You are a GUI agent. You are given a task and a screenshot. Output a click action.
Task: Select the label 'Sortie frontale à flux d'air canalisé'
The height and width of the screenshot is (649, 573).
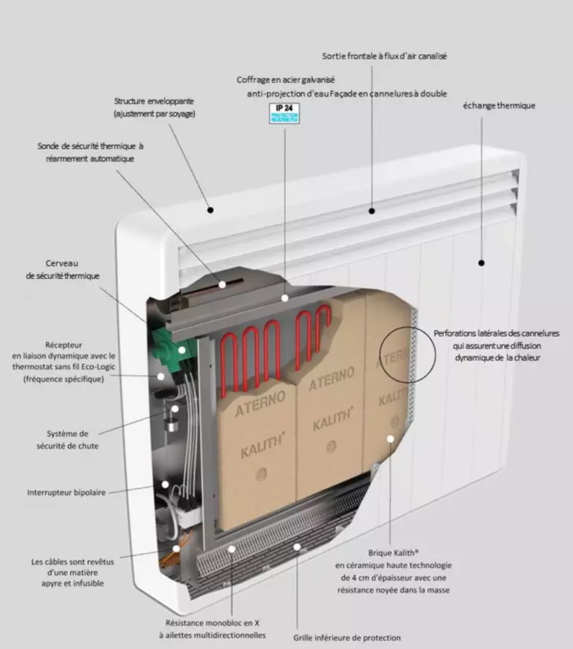(385, 56)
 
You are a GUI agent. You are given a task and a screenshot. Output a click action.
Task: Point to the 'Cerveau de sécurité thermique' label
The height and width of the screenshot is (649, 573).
(63, 270)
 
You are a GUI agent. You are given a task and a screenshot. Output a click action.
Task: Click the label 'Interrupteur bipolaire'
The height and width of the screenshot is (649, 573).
(66, 493)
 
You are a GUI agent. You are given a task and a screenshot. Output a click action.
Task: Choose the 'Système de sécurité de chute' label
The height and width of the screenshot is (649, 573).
(67, 440)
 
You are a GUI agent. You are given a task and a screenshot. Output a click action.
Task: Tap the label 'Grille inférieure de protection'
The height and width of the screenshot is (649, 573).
(347, 637)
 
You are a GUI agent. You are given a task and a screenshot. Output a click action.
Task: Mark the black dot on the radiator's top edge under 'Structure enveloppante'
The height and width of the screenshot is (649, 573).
(211, 210)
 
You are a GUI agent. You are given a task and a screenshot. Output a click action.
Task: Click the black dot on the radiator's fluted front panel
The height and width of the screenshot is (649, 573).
(481, 263)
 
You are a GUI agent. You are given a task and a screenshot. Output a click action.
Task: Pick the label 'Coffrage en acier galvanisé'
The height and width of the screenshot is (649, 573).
(286, 79)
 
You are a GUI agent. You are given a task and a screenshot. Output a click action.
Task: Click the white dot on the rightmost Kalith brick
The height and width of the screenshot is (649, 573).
(390, 438)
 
